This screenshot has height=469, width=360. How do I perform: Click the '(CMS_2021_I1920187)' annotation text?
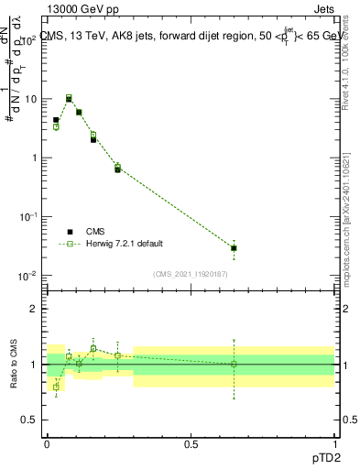click(x=190, y=273)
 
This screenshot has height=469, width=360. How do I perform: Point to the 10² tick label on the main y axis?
click(x=28, y=40)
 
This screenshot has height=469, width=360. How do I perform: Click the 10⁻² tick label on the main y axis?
click(x=27, y=276)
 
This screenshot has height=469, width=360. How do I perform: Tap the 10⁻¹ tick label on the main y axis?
click(x=27, y=217)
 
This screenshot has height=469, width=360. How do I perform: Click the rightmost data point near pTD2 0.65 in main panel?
click(x=234, y=247)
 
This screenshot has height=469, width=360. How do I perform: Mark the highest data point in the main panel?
click(x=69, y=98)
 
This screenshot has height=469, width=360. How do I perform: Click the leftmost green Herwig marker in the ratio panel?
click(x=56, y=387)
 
